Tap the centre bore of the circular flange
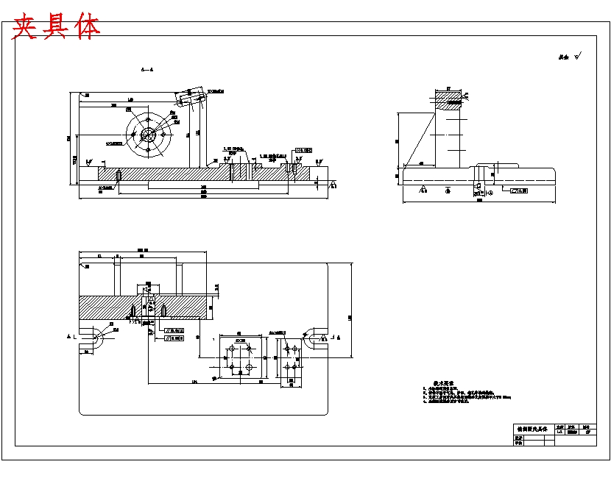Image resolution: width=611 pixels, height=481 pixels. point(148,135)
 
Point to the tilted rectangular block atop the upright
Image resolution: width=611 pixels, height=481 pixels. point(190,95)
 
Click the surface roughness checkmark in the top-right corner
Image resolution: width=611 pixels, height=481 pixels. point(577,55)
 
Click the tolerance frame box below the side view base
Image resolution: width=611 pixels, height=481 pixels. point(520,190)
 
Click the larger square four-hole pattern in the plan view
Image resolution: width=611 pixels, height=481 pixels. point(241,358)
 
